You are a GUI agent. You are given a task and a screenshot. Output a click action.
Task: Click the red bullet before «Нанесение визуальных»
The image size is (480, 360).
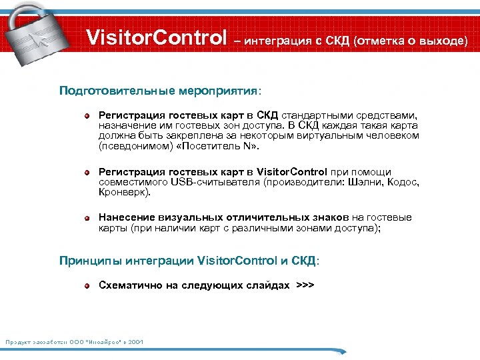[87, 218]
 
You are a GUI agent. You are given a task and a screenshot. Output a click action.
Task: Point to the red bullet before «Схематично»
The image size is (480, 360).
[87, 286]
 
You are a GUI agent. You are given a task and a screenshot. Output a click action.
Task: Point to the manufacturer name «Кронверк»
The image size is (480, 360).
[124, 192]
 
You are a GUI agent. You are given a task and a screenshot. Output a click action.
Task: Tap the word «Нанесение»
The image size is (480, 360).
[127, 217]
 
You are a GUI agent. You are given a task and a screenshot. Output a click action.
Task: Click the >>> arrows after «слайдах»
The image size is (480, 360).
[305, 285]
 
